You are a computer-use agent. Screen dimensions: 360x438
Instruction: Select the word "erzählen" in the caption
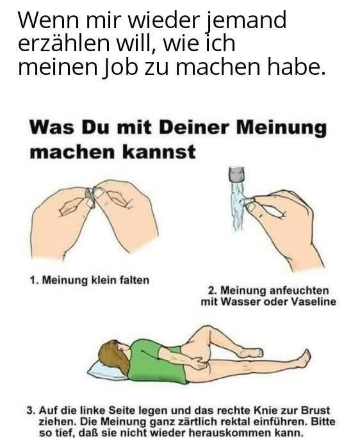[x=63, y=44]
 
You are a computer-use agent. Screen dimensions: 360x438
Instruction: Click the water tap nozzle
[x=236, y=175]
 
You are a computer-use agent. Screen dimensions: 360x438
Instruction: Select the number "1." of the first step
[x=34, y=280]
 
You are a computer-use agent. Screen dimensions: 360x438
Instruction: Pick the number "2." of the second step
[x=213, y=291]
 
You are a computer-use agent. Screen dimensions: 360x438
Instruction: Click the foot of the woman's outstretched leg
[x=304, y=359]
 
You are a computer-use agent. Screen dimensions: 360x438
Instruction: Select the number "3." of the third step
[x=31, y=411]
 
